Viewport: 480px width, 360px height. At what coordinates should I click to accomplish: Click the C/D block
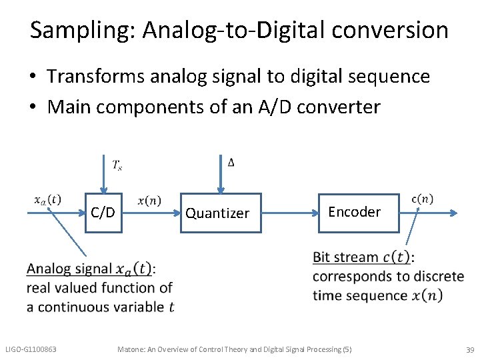(x=103, y=213)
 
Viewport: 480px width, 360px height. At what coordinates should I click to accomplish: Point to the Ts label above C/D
(x=117, y=165)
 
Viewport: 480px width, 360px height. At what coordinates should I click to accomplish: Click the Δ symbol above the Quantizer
(x=231, y=163)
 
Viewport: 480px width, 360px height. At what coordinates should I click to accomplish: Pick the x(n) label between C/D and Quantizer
(x=149, y=201)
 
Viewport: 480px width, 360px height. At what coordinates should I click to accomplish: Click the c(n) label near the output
(x=422, y=199)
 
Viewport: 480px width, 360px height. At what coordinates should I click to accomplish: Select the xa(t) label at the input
(x=47, y=199)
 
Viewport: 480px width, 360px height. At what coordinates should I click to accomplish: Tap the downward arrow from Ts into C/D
(x=103, y=173)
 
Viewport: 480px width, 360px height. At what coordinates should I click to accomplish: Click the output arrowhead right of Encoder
(x=454, y=213)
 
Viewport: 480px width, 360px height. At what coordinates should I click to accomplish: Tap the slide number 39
(x=469, y=350)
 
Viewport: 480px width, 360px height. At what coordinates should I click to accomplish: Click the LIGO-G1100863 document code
(x=31, y=349)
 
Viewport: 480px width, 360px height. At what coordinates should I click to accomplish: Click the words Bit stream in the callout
(x=345, y=257)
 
